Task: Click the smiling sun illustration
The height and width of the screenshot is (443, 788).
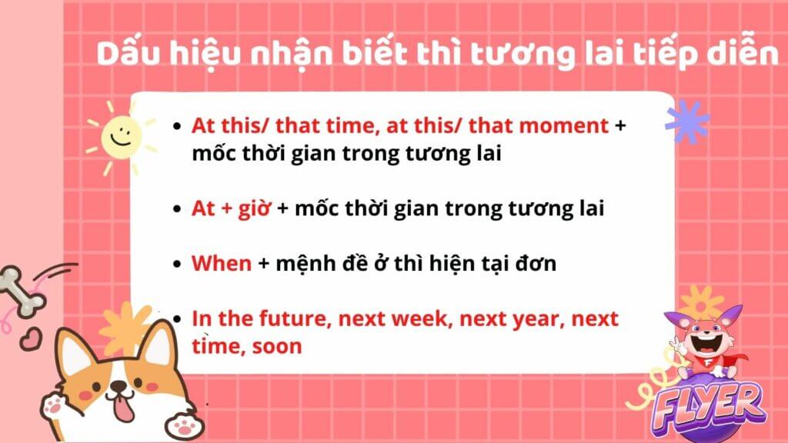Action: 121,138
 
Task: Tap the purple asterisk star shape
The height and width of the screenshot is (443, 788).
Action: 687,122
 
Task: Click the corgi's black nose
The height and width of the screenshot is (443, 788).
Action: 119,386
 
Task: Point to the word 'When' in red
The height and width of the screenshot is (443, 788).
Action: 222,263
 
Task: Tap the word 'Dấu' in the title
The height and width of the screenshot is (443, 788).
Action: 129,53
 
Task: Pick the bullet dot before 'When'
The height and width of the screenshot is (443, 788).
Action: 176,265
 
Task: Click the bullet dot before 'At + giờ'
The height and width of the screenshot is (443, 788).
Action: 176,209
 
